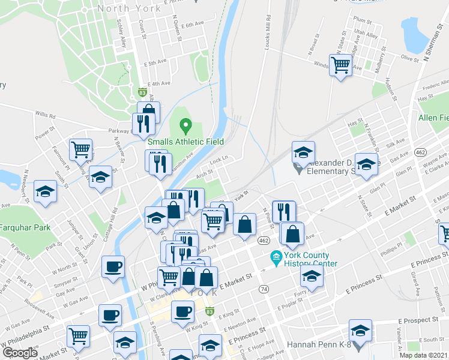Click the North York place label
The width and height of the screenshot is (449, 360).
(128, 8)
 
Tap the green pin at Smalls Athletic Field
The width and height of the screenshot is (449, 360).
(185, 127)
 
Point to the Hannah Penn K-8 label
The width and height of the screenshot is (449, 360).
(317, 345)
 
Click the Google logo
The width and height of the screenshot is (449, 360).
(20, 353)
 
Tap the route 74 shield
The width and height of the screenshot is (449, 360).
(264, 289)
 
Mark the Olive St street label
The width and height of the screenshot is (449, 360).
(409, 58)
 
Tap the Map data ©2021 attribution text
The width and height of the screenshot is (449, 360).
(424, 355)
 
